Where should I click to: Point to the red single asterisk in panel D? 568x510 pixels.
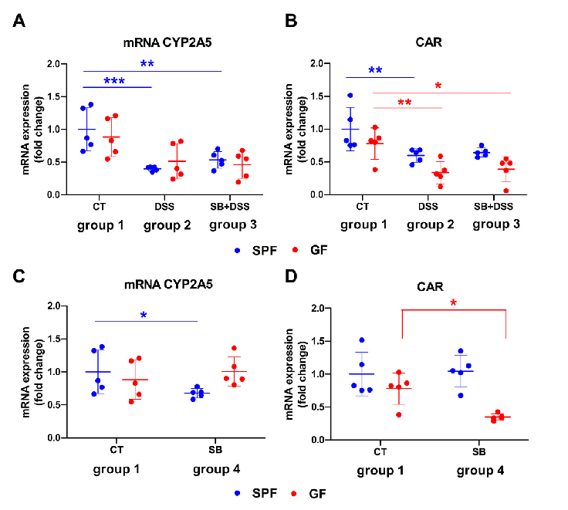pos(453,302)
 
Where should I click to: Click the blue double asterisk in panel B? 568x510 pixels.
pos(375,71)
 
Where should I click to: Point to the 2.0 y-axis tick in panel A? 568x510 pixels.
pos(52,64)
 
